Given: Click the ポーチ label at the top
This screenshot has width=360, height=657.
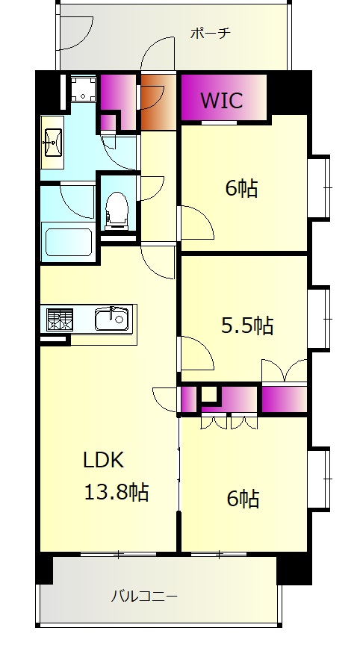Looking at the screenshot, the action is pos(211,33).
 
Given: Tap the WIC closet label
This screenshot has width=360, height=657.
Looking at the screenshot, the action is pos(222,100).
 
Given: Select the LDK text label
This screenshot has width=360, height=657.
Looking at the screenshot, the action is pos(104,461).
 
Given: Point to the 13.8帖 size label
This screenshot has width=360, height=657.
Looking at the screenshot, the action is pos(117,492).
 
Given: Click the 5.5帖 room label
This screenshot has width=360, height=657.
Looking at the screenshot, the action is pos(247,326).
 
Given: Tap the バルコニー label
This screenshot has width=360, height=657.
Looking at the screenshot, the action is pos(144,596).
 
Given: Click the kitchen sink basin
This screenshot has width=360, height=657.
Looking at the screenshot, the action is pos(111,320).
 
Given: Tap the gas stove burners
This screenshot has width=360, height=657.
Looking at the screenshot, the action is pos(60,319).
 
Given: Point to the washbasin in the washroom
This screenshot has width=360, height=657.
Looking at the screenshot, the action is pos(52,143).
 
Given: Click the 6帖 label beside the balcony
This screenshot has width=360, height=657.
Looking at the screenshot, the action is pos(243,499).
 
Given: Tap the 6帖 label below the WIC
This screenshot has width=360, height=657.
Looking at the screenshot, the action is pos(241,188).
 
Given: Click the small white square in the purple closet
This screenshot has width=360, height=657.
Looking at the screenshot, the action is pos(209,394).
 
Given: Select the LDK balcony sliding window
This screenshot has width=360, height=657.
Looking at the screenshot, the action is pos(118,554).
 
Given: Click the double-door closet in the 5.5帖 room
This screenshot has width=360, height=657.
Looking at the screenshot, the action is pos(284,370).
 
